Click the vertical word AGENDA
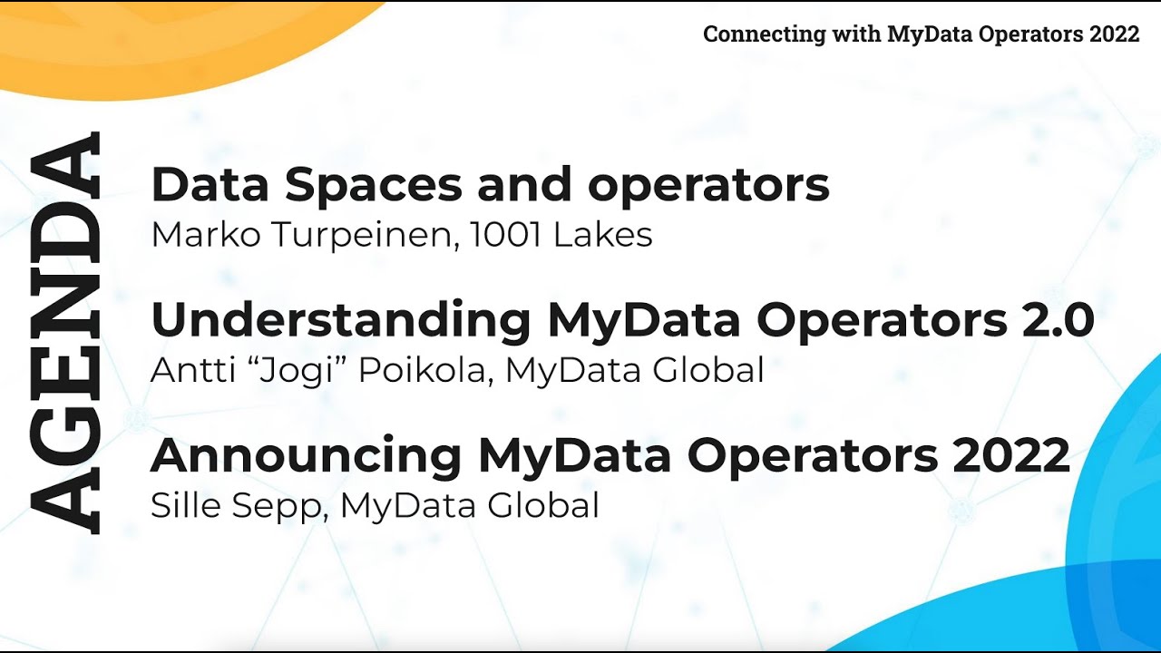click(65, 333)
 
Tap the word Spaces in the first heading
click(373, 185)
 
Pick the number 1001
click(506, 236)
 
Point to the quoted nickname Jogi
click(287, 371)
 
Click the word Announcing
click(307, 456)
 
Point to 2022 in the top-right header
click(1114, 34)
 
